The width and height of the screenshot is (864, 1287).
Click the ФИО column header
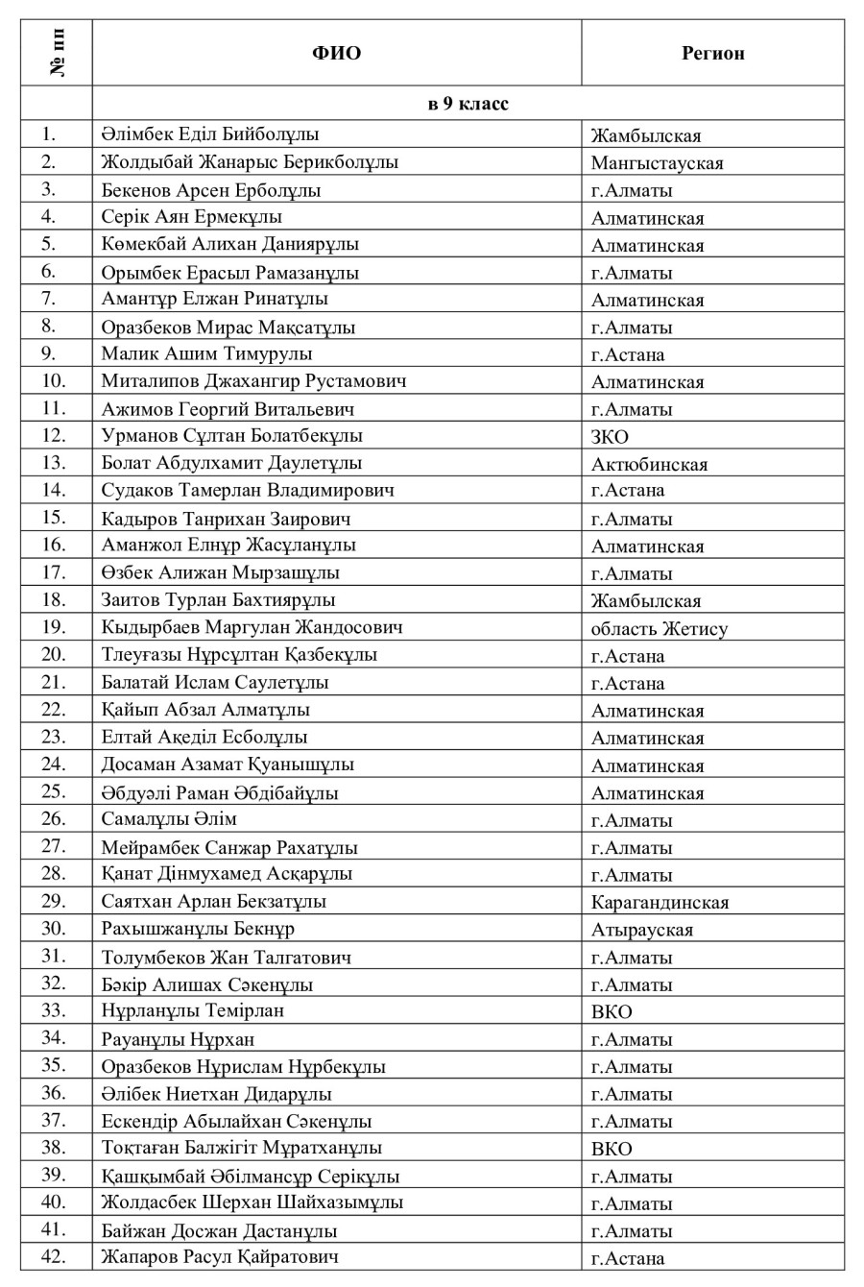[336, 53]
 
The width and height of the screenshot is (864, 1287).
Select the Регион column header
[712, 53]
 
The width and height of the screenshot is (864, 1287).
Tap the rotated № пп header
[56, 53]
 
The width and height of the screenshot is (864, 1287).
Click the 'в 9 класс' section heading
[468, 104]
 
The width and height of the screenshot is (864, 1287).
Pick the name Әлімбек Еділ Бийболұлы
[210, 134]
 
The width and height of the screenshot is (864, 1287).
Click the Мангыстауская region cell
[657, 162]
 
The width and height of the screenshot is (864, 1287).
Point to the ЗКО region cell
[610, 436]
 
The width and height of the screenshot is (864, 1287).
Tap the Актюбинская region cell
[649, 464]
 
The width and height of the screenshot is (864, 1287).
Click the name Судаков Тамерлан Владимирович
[248, 491]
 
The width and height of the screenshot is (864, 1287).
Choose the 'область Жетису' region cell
[659, 629]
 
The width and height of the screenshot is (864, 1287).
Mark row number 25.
[54, 792]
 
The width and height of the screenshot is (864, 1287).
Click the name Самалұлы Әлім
[169, 819]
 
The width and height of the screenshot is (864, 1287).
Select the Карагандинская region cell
[660, 902]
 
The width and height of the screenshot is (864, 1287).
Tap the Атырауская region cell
[641, 930]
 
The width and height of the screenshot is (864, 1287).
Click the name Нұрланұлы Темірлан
[192, 1011]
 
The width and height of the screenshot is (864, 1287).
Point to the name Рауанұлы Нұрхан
[178, 1039]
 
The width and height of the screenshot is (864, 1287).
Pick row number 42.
[54, 1256]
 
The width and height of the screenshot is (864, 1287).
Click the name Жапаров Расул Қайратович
[220, 1257]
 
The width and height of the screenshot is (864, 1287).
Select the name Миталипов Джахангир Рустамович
[253, 381]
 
